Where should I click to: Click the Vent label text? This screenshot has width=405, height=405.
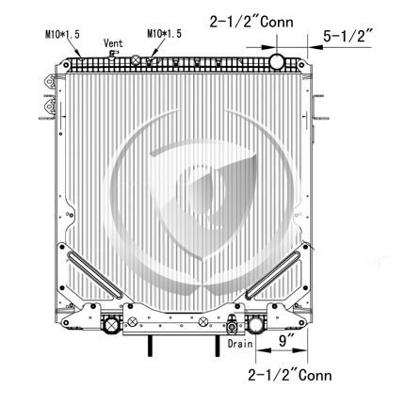pyautogui.click(x=113, y=43)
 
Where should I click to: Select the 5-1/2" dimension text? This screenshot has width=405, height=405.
pyautogui.click(x=348, y=36)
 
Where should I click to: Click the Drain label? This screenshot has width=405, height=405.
pyautogui.click(x=240, y=344)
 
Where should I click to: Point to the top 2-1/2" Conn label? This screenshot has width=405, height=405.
pyautogui.click(x=251, y=22)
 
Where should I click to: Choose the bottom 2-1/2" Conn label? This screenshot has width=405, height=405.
pyautogui.click(x=289, y=375)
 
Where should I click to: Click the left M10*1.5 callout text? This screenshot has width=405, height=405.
pyautogui.click(x=62, y=34)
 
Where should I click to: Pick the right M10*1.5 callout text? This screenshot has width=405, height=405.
pyautogui.click(x=164, y=34)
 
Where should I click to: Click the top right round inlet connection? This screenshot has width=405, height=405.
pyautogui.click(x=277, y=61)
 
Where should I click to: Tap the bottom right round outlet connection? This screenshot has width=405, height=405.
pyautogui.click(x=255, y=325)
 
